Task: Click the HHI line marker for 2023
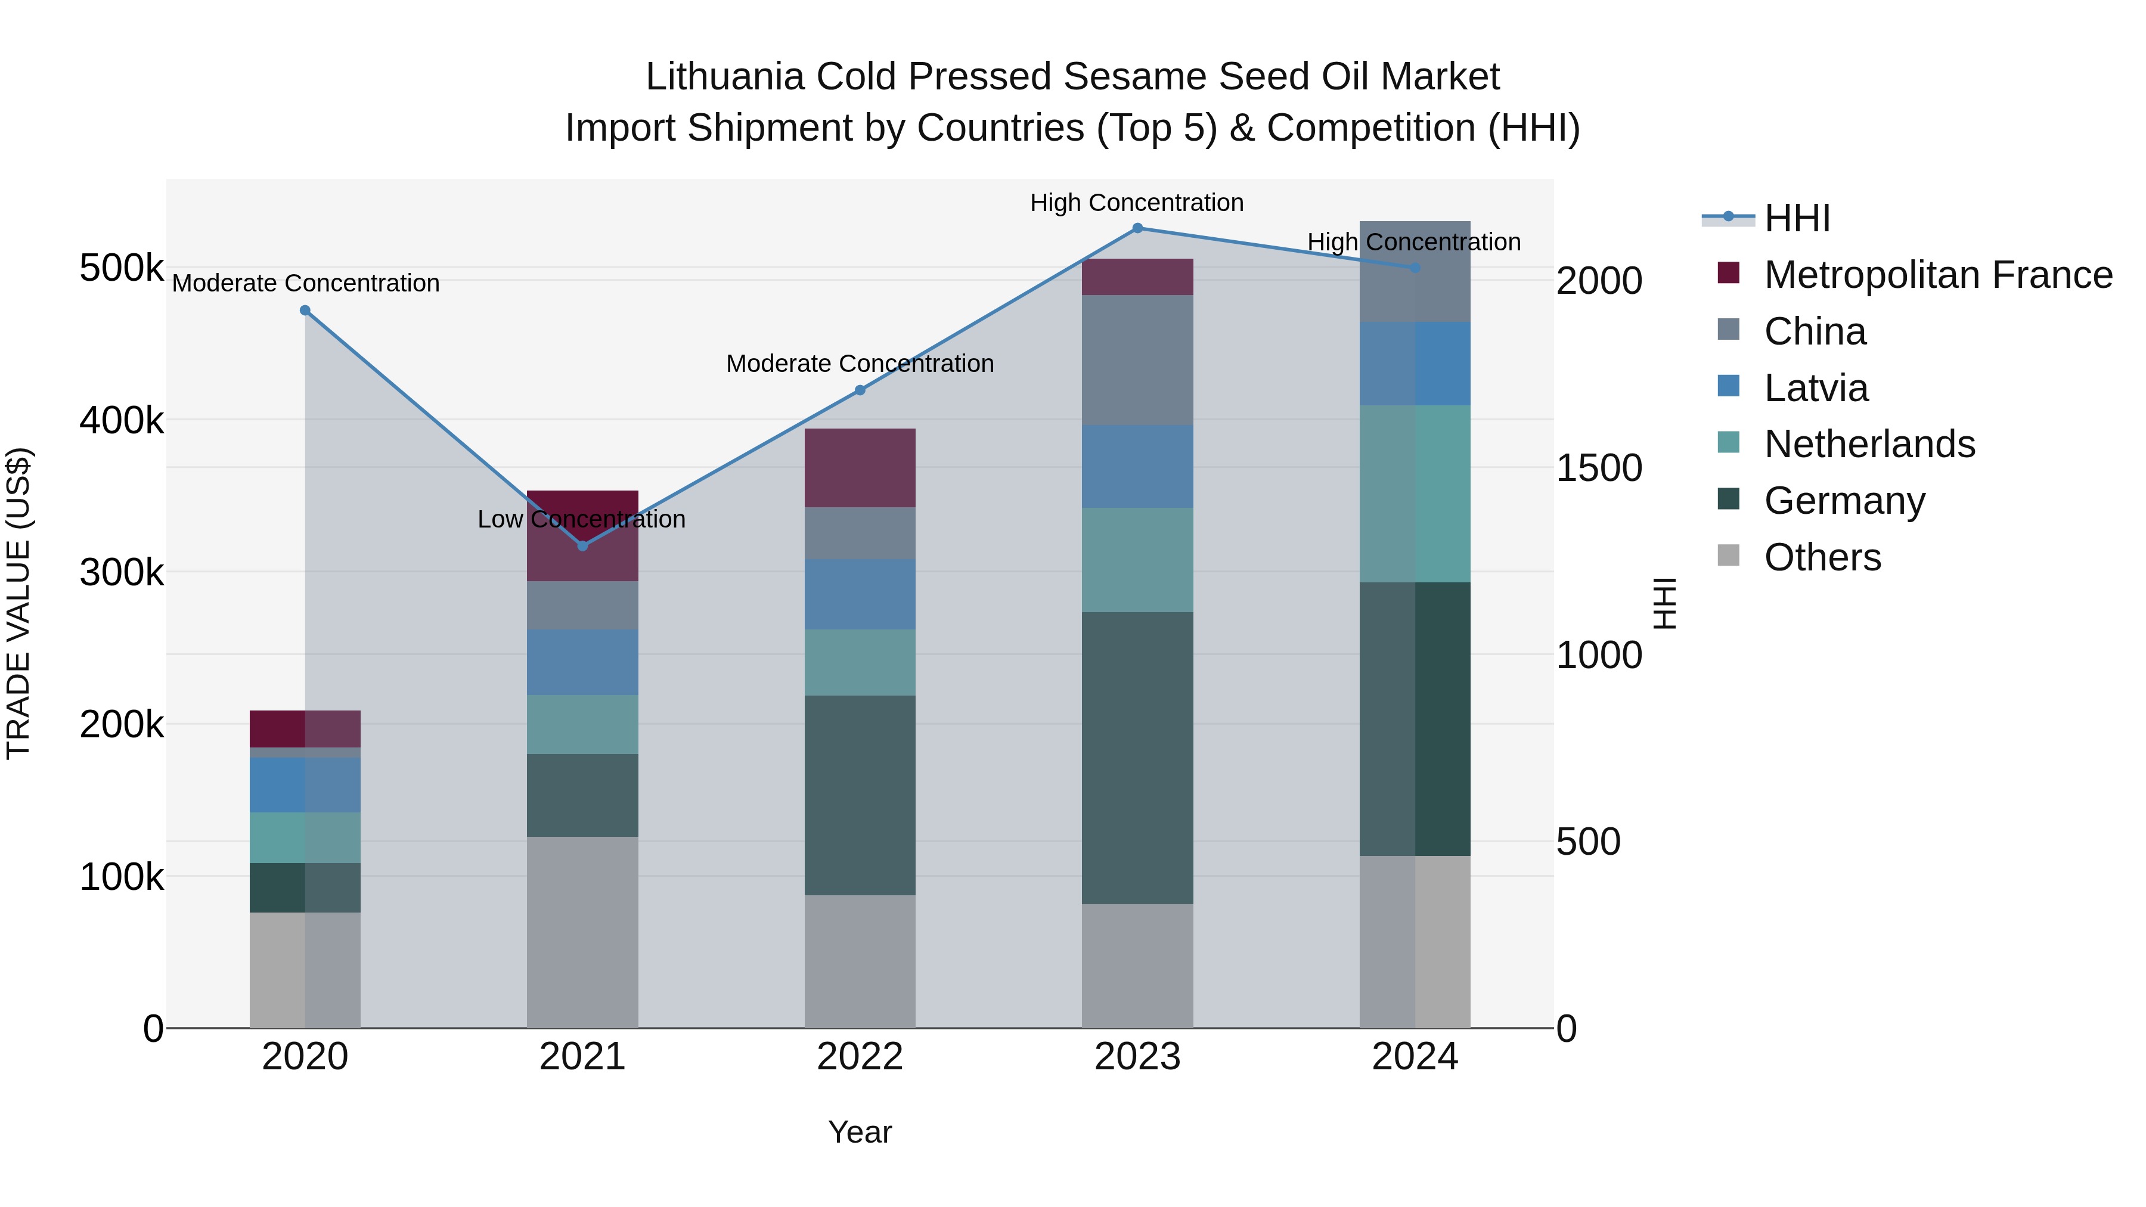point(1137,228)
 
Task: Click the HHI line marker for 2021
point(582,545)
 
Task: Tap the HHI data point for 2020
point(305,311)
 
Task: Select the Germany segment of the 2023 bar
point(1137,758)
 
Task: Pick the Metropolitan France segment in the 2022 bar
point(860,468)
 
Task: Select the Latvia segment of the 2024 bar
point(1415,364)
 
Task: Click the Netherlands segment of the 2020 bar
point(305,837)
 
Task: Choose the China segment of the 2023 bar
point(1137,360)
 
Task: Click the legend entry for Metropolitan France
point(1938,275)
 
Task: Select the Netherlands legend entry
point(1869,444)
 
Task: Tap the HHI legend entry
point(1797,218)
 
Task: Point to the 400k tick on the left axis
point(122,421)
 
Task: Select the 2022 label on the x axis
point(860,1057)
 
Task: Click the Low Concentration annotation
point(581,519)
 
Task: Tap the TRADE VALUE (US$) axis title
point(18,603)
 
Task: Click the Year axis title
point(860,1132)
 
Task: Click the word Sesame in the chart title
point(1136,77)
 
